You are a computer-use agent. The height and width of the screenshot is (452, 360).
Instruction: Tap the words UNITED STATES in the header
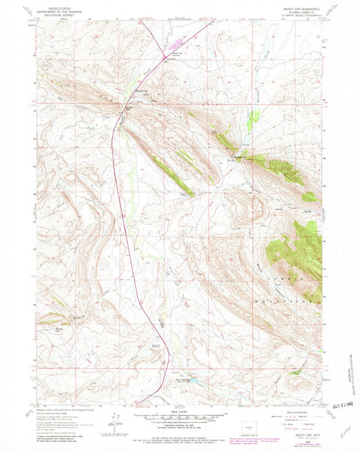coord(57,3)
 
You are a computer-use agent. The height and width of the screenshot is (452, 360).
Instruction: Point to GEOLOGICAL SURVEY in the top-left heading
coord(57,11)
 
